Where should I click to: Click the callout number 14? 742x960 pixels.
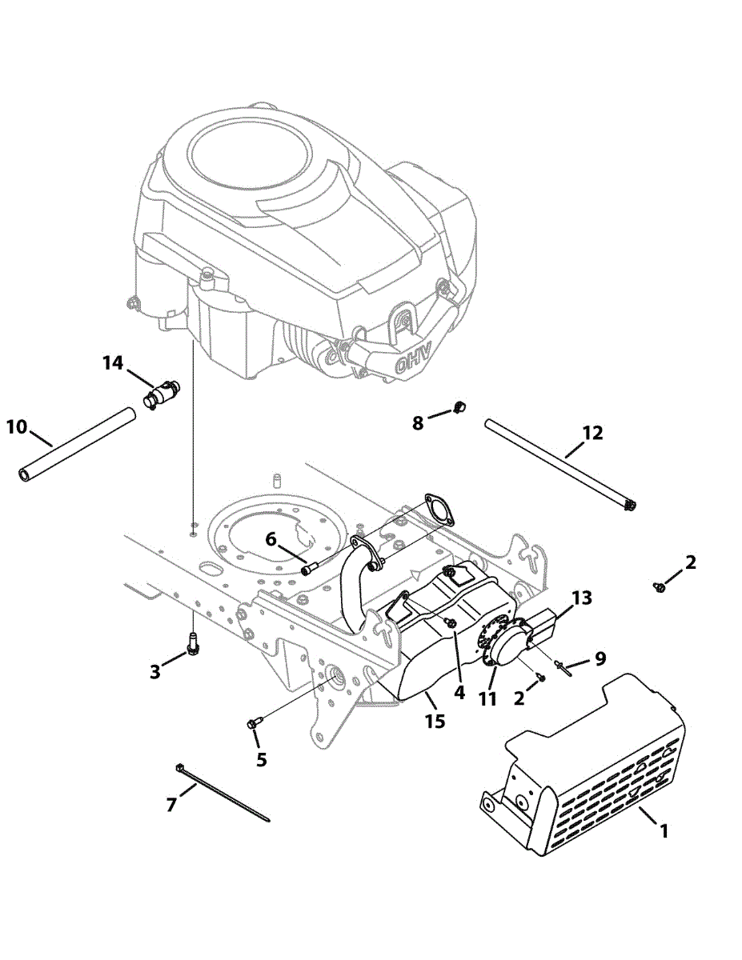[112, 363]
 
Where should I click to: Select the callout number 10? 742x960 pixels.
[16, 426]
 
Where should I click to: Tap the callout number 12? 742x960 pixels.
[592, 434]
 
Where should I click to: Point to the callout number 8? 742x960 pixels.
[418, 422]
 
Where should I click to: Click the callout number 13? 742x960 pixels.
[582, 597]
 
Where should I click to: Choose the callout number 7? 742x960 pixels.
[171, 805]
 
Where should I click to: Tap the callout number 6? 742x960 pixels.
[271, 540]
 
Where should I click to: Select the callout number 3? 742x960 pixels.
[154, 671]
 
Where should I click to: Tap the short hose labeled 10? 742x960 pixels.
[77, 444]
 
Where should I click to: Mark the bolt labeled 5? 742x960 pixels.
[254, 723]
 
